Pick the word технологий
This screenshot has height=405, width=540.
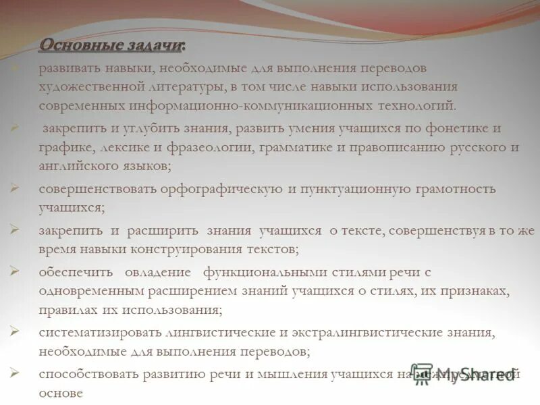[x=416, y=106]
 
